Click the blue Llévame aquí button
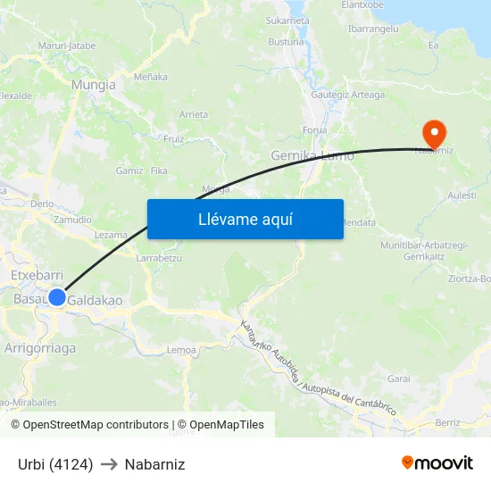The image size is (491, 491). [x=245, y=219]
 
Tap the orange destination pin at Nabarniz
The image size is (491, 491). [x=435, y=135]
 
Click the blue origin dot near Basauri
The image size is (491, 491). [x=57, y=297]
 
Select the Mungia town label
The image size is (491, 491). [x=93, y=85]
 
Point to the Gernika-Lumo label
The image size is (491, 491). [x=312, y=155]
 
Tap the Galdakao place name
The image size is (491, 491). [x=96, y=300]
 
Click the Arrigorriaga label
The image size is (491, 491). [x=40, y=348]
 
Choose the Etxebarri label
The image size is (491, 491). [x=36, y=277]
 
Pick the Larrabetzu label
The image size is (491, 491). [x=159, y=258]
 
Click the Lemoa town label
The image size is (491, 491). [x=181, y=350]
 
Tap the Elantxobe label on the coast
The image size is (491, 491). [x=362, y=5]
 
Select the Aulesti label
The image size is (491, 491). [x=462, y=194]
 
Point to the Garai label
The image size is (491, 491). [x=398, y=379]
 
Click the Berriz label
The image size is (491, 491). [x=447, y=421]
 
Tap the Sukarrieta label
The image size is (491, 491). [x=287, y=19]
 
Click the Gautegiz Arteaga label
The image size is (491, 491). [x=347, y=95]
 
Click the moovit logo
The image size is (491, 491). [x=437, y=463]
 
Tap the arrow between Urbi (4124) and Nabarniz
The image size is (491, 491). [x=109, y=464]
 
